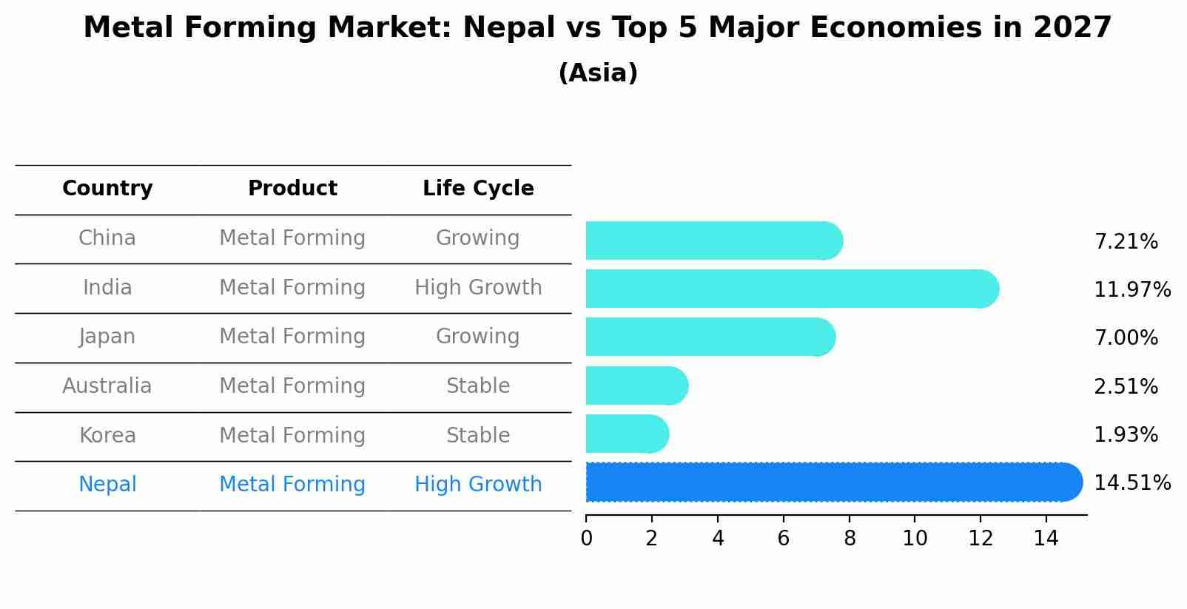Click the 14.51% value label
click(x=1131, y=483)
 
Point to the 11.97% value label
click(x=1131, y=289)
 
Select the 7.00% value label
click(x=1126, y=338)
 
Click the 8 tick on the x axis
click(x=850, y=539)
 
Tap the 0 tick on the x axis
click(x=586, y=539)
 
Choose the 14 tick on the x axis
click(x=1046, y=539)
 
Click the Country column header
click(x=107, y=189)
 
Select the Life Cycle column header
click(x=478, y=189)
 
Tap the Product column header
click(x=292, y=189)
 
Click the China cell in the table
click(x=107, y=238)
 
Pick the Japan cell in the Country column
click(x=107, y=337)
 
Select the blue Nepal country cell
click(x=107, y=485)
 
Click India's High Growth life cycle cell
click(x=478, y=288)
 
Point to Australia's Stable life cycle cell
click(x=478, y=386)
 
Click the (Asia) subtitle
click(x=598, y=73)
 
